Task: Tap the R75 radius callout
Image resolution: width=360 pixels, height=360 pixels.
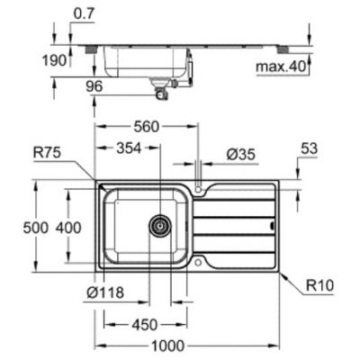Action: [x=46, y=154]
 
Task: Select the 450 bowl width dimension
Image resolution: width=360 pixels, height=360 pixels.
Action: [x=143, y=323]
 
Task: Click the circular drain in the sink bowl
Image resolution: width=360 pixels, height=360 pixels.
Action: [x=160, y=225]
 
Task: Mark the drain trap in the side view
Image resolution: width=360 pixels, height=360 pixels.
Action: [x=162, y=91]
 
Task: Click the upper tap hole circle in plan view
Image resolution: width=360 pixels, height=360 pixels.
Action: [x=199, y=190]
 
